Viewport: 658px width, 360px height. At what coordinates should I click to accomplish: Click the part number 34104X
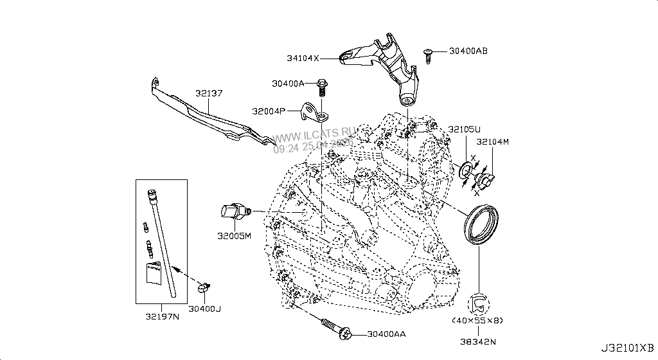coord(303,59)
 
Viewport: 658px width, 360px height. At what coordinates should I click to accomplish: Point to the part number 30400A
coord(287,84)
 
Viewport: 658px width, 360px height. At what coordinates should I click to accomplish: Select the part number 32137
coord(209,94)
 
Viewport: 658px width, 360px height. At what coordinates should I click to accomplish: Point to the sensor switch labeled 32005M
coord(235,212)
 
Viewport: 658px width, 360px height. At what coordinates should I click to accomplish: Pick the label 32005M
coord(234,236)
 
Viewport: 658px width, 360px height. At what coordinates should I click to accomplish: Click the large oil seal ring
coord(482,224)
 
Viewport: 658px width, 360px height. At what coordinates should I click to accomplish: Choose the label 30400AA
coord(387,334)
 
